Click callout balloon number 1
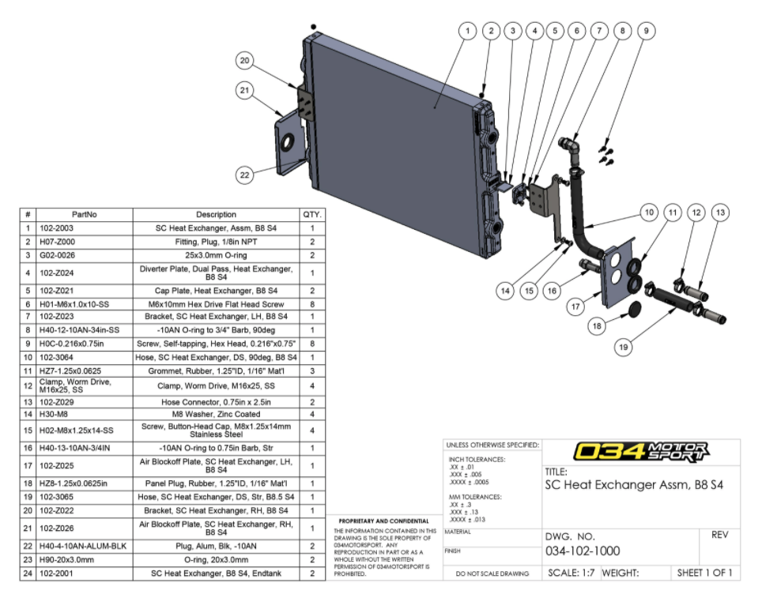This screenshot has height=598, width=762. pyautogui.click(x=467, y=31)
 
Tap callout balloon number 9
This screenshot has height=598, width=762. pyautogui.click(x=646, y=31)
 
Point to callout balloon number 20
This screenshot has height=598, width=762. pyautogui.click(x=244, y=60)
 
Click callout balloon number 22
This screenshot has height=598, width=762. pyautogui.click(x=244, y=175)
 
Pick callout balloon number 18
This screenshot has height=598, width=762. pyautogui.click(x=598, y=325)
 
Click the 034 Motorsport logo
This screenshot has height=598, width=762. pyautogui.click(x=643, y=452)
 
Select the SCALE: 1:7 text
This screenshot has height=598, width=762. pyautogui.click(x=572, y=573)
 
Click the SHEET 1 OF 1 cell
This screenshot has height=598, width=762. pyautogui.click(x=704, y=573)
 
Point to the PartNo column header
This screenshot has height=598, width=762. pyautogui.click(x=84, y=214)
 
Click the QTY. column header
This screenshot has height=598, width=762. pyautogui.click(x=311, y=214)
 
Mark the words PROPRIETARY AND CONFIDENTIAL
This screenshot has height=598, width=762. pyautogui.click(x=385, y=521)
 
